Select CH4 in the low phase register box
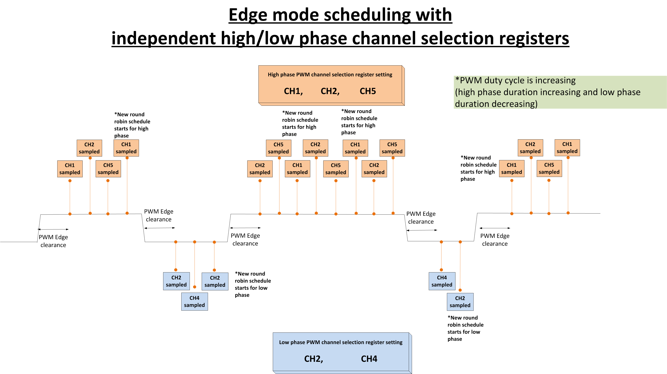pos(369,359)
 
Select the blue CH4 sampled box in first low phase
pos(195,302)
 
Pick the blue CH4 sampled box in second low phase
pos(442,281)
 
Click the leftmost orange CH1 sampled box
pos(70,169)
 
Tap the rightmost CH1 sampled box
pos(567,148)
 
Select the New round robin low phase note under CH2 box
pos(465,328)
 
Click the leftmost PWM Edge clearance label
pos(53,241)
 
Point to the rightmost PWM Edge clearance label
pos(495,240)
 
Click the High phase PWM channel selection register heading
pos(330,75)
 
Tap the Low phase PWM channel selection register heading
pos(340,342)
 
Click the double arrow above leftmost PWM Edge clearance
pos(53,229)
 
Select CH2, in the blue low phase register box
pos(313,359)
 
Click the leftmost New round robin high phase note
pos(132,125)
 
